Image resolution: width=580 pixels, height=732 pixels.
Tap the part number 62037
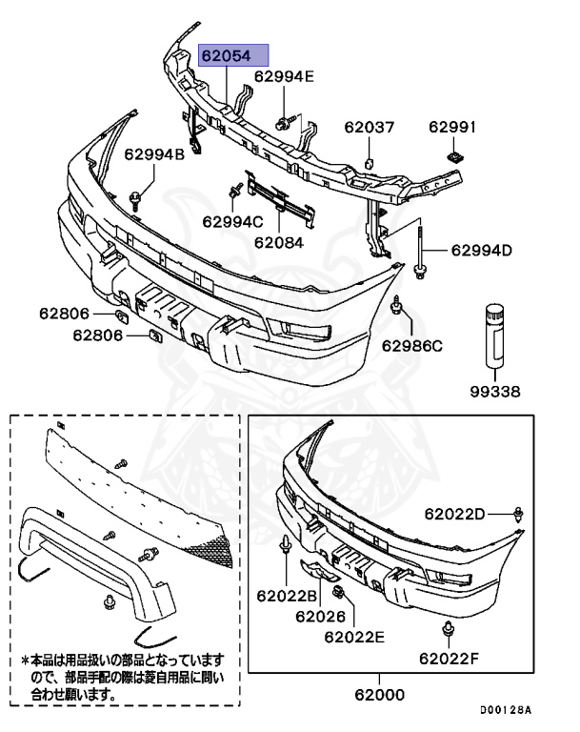(369, 127)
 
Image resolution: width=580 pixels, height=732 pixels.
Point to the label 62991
(453, 127)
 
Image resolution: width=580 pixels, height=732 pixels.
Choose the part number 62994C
(232, 222)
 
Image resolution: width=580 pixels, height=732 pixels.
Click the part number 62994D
(481, 251)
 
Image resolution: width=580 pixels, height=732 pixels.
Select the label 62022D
(455, 514)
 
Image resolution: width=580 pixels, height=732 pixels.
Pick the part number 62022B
(287, 596)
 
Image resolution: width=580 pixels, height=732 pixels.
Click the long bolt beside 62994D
(419, 251)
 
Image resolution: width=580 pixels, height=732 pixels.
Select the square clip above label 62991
(454, 152)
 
